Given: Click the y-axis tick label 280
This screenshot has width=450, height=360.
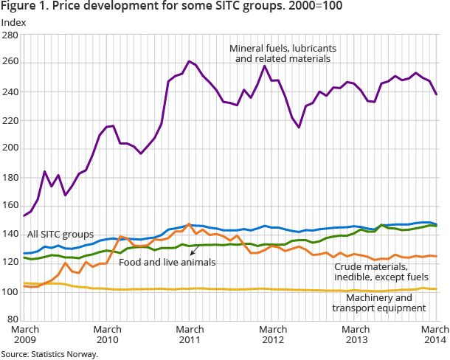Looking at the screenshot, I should pyautogui.click(x=13, y=35).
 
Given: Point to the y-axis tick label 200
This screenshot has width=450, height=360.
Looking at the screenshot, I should pyautogui.click(x=13, y=148).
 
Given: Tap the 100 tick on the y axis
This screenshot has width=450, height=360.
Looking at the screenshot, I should pyautogui.click(x=13, y=291).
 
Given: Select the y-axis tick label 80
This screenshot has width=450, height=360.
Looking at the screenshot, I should pyautogui.click(x=15, y=319).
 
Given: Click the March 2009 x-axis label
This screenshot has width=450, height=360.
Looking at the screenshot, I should pyautogui.click(x=26, y=334).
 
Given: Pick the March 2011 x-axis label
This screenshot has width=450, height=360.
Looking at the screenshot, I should pyautogui.click(x=191, y=334).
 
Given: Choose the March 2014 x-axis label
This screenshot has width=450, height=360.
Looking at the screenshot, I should pyautogui.click(x=430, y=334).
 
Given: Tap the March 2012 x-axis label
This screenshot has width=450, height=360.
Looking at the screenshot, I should pyautogui.click(x=274, y=334).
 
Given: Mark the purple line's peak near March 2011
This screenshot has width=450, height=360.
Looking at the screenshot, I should pyautogui.click(x=190, y=61).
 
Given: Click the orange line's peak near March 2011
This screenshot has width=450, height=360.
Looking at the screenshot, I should pyautogui.click(x=189, y=224).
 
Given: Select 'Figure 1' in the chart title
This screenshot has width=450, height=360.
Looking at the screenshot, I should pyautogui.click(x=23, y=7).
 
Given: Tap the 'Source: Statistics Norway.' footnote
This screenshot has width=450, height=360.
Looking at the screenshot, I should pyautogui.click(x=49, y=354).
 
